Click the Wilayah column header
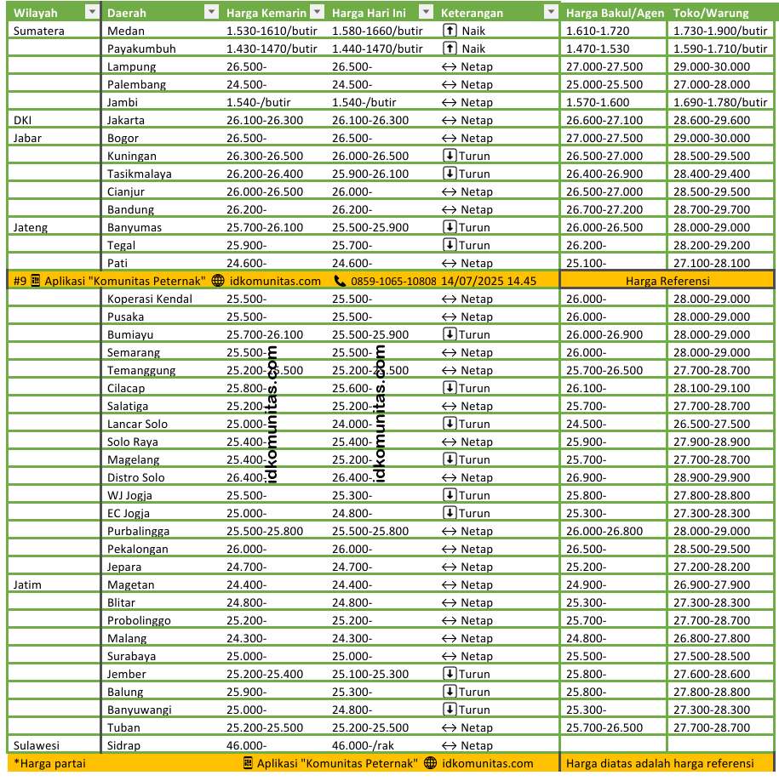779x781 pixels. [36, 13]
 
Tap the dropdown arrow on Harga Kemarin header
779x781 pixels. [316, 13]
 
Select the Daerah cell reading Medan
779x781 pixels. [125, 31]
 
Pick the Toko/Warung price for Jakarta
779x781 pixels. [711, 120]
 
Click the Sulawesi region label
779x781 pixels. [37, 745]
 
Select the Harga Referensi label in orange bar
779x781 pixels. [667, 281]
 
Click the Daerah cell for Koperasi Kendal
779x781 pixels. [150, 299]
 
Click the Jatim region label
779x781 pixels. [28, 584]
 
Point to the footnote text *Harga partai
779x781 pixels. [49, 763]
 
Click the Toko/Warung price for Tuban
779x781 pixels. [711, 727]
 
